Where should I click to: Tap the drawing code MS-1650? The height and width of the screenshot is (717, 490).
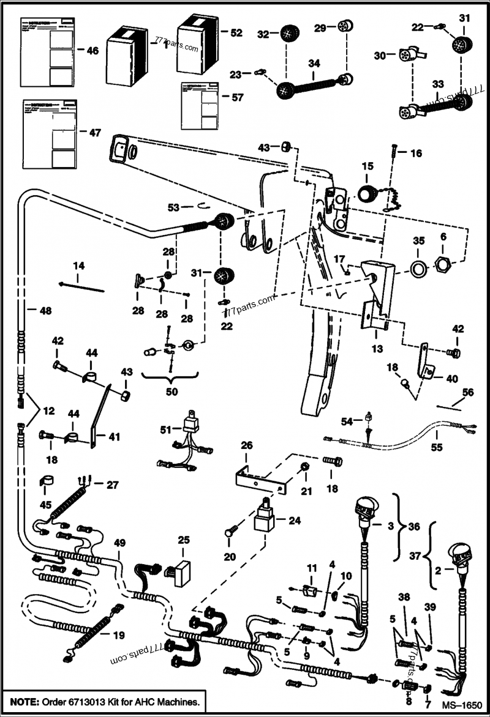coord(464,705)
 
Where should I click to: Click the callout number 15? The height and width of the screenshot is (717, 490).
coord(367,166)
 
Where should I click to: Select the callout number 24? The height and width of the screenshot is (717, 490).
coord(295,521)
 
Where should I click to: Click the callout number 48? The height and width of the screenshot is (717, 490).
coord(46,310)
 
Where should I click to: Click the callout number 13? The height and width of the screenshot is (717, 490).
coord(377,349)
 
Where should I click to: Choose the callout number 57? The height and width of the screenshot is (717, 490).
coord(236,97)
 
